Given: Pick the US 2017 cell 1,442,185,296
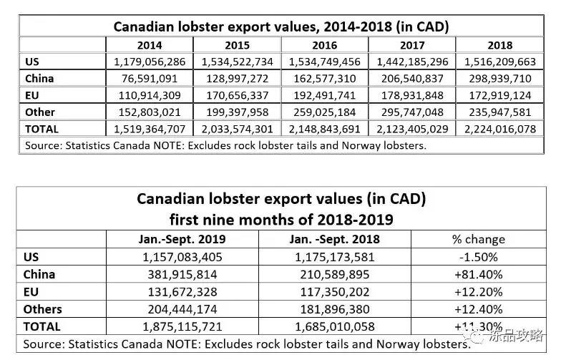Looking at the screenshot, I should [413, 62].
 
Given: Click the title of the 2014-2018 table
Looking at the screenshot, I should [281, 27].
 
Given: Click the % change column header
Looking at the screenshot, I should [479, 239].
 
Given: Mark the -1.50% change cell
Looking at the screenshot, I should [479, 256].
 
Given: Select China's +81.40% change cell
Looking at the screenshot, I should [479, 274].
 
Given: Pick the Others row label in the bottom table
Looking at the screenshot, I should [43, 309].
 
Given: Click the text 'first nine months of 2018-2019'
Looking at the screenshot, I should [280, 217].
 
